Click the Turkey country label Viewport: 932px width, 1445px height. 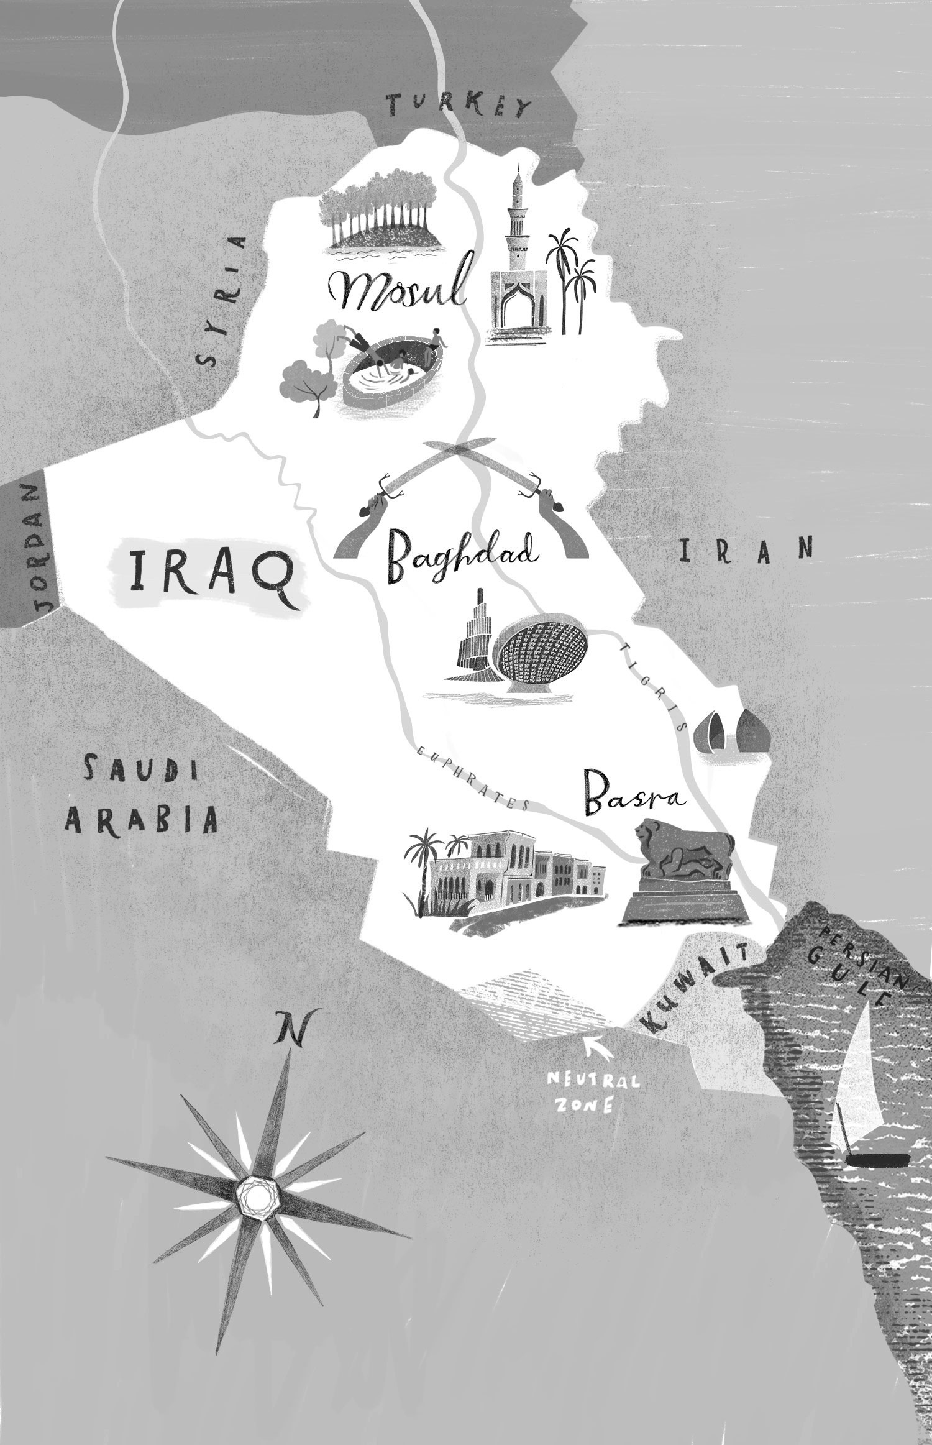pyautogui.click(x=459, y=106)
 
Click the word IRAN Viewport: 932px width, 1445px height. pyautogui.click(x=746, y=551)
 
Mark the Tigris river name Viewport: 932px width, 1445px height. pyautogui.click(x=652, y=687)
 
